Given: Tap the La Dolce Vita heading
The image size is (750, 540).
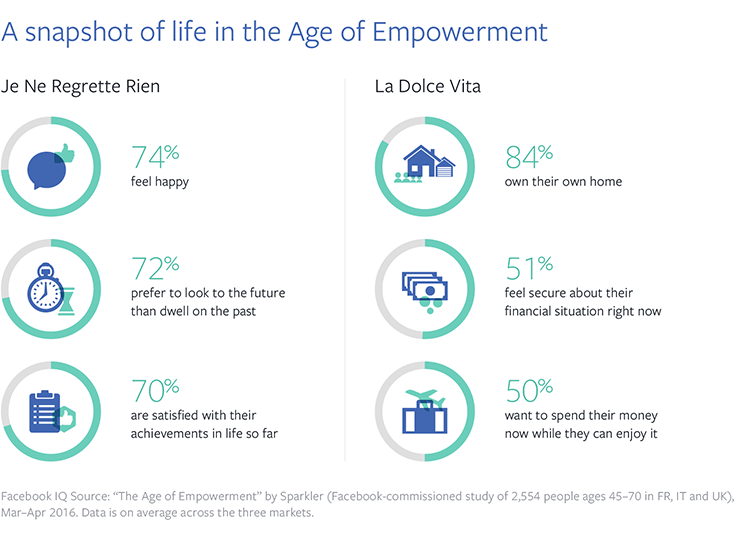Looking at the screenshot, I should pos(428,87).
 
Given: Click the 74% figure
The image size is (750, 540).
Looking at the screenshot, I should pos(156,157).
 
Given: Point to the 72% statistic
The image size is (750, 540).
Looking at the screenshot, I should pos(156,268).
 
